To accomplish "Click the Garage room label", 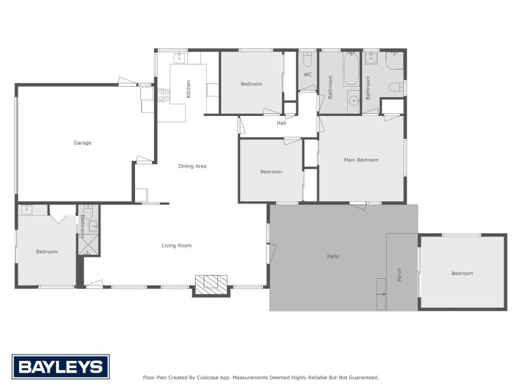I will coord(82,143).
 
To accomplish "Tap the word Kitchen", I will coord(189,89).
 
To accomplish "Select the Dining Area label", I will coord(192,166).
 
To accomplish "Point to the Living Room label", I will coord(177,246).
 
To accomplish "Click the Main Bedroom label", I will coord(361,160).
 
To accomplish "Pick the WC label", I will coord(307,74).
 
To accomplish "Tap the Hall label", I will coord(281,123).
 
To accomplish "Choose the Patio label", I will coord(333,256).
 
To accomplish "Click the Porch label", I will coord(399,275).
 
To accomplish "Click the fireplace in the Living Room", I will coord(211,283).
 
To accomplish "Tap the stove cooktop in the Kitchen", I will coord(163,96).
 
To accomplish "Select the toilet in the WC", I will coord(307,61).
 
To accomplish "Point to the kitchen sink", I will coord(179,58).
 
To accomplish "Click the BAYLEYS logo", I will coord(61,367).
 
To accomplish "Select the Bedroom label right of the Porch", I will coord(462,274).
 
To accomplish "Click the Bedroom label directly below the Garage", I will coord(47,252).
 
